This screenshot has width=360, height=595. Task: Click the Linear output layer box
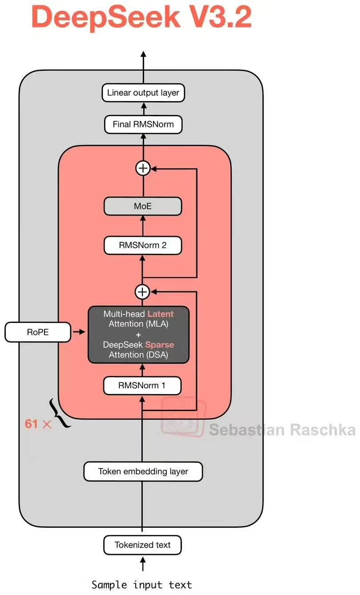coord(143,93)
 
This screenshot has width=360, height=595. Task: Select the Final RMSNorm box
coord(143,124)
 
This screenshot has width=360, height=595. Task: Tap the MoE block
coord(143,207)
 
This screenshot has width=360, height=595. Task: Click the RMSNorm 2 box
coord(143,245)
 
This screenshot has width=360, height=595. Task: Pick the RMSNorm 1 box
coord(143,386)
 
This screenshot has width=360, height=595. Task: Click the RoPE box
coord(38,332)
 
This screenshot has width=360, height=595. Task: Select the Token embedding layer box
coord(143,471)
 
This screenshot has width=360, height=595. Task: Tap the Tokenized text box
coord(143,545)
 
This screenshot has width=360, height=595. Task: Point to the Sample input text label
coord(142,584)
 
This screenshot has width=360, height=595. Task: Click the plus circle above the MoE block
coord(143,168)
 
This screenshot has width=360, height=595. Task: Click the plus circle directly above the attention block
coord(142,292)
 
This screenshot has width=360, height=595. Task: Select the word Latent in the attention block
coord(160,314)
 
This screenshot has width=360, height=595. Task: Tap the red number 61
coord(32,424)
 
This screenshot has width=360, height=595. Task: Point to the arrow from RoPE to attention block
coord(79,332)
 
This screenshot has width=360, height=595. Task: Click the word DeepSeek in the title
coord(106,17)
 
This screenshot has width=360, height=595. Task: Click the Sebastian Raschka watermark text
coord(282,430)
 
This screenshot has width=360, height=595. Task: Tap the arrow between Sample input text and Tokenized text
coord(143,565)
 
